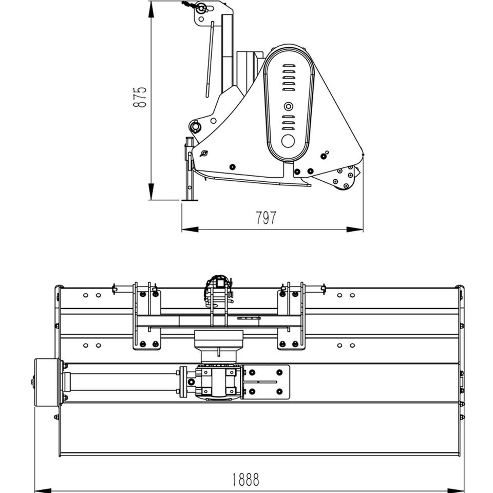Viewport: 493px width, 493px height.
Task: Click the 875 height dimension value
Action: (x=140, y=97)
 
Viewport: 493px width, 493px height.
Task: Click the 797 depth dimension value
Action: (x=266, y=218)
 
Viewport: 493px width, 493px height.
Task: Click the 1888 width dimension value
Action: (x=246, y=480)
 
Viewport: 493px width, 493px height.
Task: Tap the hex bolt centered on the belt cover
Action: (x=288, y=107)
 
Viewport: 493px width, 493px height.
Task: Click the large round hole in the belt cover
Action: (x=288, y=141)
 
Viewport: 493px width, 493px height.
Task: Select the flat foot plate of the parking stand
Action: (x=189, y=199)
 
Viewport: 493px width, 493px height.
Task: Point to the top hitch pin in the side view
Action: (x=200, y=8)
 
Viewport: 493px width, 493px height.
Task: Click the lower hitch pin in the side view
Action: (x=195, y=127)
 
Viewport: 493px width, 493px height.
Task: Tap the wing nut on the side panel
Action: (x=204, y=154)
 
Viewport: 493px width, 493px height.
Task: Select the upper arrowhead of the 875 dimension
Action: (x=151, y=9)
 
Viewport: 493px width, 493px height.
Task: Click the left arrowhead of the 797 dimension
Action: (x=190, y=230)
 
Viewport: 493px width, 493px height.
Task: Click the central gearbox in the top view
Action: (x=219, y=382)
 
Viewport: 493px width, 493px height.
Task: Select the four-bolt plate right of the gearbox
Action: (x=266, y=382)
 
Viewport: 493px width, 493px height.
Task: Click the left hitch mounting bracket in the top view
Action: (x=146, y=316)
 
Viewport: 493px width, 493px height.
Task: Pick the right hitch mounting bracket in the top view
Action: (x=291, y=316)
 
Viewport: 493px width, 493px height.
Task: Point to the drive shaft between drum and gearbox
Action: (x=121, y=382)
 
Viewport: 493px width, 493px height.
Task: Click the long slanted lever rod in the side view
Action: (x=210, y=60)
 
